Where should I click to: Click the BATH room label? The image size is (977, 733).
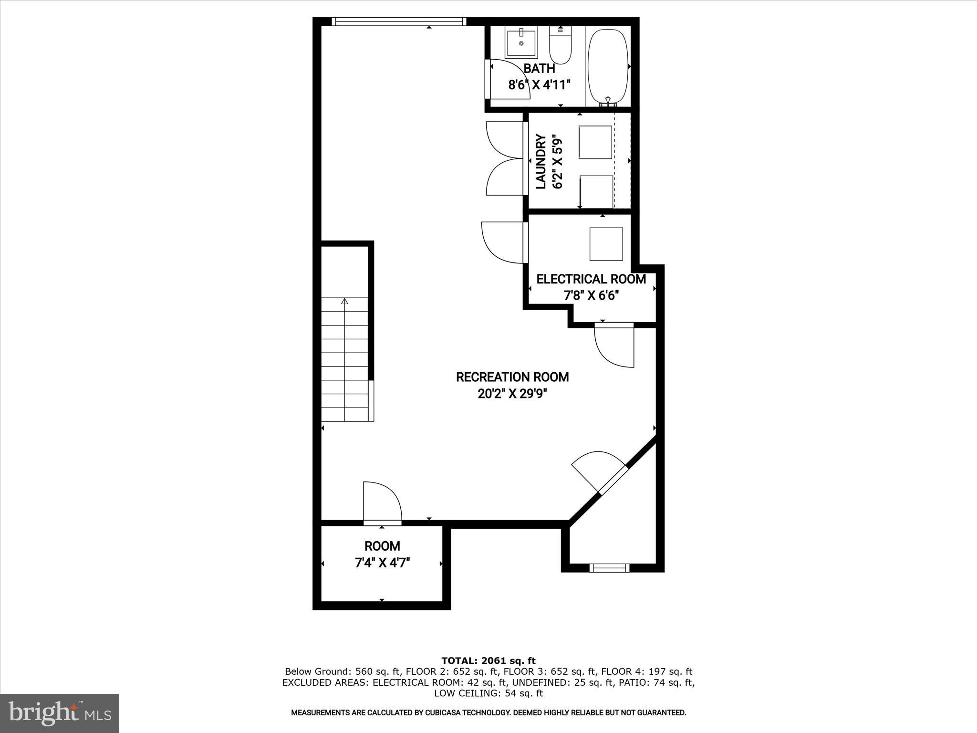(x=539, y=68)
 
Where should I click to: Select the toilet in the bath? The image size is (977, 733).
(x=560, y=48)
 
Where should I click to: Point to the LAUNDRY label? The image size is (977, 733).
(x=541, y=162)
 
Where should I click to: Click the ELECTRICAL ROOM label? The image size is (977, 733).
(x=591, y=279)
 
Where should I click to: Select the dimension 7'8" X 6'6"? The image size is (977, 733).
(x=591, y=296)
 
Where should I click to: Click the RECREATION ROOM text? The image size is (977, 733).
(x=512, y=377)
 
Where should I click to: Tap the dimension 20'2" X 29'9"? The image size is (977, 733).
(x=512, y=394)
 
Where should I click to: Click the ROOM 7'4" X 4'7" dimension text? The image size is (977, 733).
(x=382, y=563)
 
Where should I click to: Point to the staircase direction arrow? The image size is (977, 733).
(x=344, y=302)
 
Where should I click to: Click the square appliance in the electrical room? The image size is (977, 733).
(x=606, y=244)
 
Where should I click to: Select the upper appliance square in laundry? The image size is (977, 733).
(x=595, y=142)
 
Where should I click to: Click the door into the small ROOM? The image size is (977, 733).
(x=382, y=503)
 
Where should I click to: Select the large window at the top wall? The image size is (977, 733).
(x=398, y=21)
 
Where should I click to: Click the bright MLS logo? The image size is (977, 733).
(x=60, y=713)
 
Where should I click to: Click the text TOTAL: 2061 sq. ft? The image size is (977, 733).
(x=488, y=661)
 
